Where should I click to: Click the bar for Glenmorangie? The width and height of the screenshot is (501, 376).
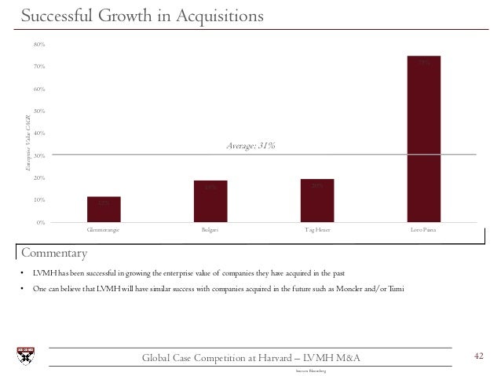coord(104,209)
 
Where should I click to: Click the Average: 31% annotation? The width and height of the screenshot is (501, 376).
coord(251,145)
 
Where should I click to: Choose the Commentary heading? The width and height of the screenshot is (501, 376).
coord(53,253)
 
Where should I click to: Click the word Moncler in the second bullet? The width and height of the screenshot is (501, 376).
coord(339,290)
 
